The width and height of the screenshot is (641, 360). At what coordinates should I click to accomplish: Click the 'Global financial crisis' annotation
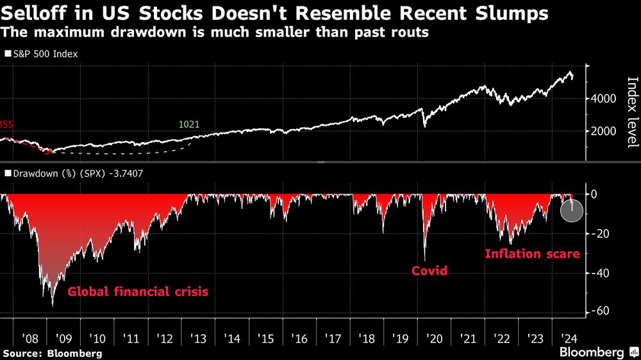[138, 292]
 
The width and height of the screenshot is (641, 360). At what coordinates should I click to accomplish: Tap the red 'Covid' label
[429, 271]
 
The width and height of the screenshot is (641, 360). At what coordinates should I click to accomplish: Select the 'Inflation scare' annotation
[532, 254]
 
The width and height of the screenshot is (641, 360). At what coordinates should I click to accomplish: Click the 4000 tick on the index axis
[604, 99]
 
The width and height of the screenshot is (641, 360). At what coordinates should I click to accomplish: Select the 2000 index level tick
[604, 131]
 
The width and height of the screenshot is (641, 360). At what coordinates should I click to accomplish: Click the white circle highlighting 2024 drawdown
[572, 210]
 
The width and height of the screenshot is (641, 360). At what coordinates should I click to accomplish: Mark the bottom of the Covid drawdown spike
[425, 259]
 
